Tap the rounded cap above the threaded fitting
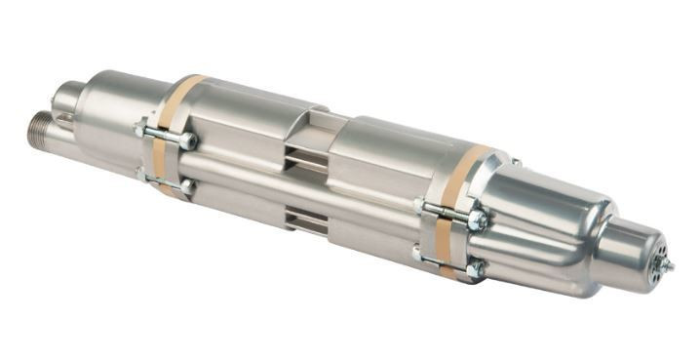(x=65, y=97)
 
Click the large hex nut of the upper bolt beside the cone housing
(x=478, y=220)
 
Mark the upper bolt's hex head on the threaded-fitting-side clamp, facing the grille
(x=188, y=141)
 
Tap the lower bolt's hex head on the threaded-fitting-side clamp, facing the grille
(x=187, y=185)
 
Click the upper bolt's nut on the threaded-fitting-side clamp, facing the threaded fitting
(x=141, y=128)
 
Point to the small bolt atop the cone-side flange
(x=515, y=162)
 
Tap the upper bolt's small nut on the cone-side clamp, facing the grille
(x=420, y=206)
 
